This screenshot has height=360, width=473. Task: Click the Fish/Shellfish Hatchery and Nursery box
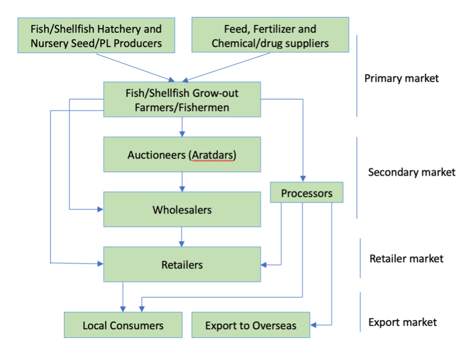(x=96, y=35)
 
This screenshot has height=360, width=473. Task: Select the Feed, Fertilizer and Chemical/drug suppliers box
(x=270, y=35)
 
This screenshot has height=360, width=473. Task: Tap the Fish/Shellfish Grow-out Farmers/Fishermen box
(x=182, y=99)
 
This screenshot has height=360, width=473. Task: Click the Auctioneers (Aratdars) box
(x=182, y=154)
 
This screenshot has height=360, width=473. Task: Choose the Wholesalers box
(x=182, y=210)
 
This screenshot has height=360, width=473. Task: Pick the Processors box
(x=307, y=193)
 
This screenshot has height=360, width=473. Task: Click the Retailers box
(x=182, y=264)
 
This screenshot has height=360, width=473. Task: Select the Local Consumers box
(x=123, y=325)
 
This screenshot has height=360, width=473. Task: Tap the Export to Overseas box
(x=250, y=325)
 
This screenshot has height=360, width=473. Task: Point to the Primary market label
(x=401, y=78)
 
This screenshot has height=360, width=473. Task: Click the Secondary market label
(x=411, y=172)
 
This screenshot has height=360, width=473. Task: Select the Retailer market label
(x=406, y=258)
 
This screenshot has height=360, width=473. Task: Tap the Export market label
(x=403, y=321)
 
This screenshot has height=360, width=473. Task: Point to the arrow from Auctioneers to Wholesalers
(x=182, y=182)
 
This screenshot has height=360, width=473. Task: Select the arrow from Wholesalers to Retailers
(x=182, y=237)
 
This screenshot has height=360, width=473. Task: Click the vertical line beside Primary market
(x=357, y=77)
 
